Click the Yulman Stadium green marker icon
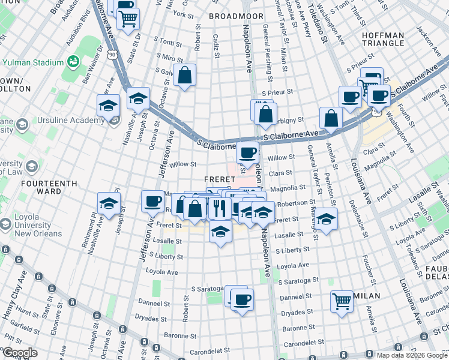pyautogui.click(x=74, y=61)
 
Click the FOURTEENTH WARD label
pyautogui.click(x=32, y=187)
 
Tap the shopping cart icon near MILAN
pyautogui.click(x=342, y=300)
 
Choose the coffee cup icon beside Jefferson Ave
pyautogui.click(x=153, y=200)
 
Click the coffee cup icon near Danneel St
pyautogui.click(x=242, y=299)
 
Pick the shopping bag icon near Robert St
pyautogui.click(x=185, y=76)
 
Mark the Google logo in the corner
pyautogui.click(x=20, y=353)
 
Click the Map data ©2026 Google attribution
pyautogui.click(x=410, y=355)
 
